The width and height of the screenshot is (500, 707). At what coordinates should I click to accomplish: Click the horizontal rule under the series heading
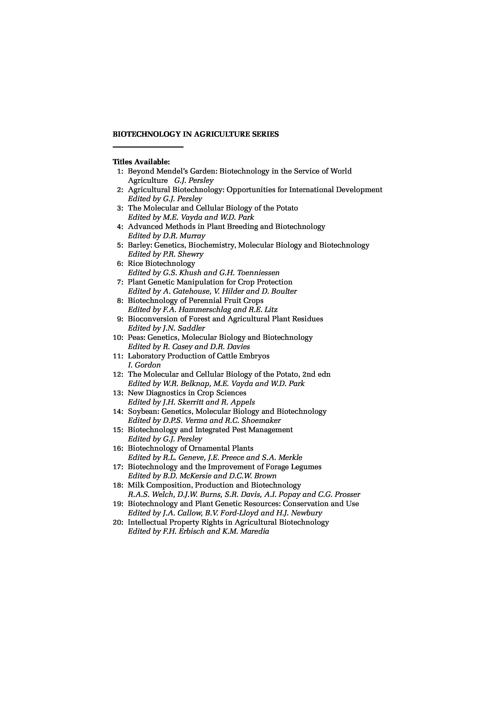pos(148,147)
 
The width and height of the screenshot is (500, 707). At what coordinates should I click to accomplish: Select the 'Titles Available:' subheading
pos(141,162)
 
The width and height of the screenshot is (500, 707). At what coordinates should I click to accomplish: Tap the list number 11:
pos(118,356)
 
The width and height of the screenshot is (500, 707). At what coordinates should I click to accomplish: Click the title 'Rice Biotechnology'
pos(161,264)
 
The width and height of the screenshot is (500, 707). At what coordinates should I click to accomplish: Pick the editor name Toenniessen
pos(258,273)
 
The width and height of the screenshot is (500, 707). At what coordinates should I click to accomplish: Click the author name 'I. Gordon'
pos(144,365)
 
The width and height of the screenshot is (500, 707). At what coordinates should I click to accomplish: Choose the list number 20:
pos(118,522)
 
